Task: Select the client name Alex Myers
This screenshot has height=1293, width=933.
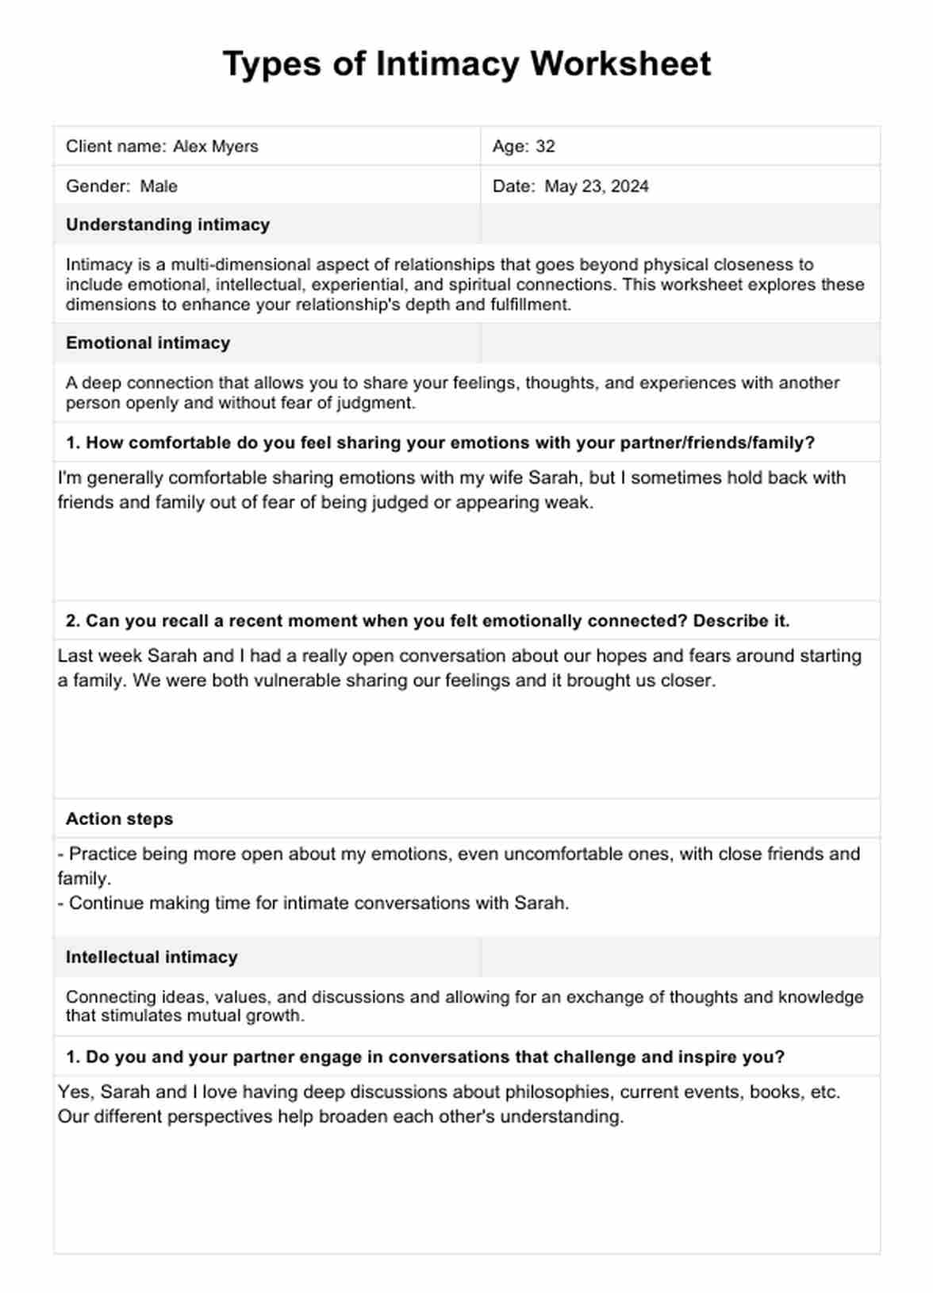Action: [215, 146]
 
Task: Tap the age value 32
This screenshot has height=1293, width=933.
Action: [545, 146]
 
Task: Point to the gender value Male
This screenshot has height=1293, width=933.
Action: [159, 186]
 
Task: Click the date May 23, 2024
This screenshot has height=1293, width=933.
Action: [597, 186]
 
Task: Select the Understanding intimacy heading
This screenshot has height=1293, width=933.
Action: [167, 224]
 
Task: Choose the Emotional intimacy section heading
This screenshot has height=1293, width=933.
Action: [148, 343]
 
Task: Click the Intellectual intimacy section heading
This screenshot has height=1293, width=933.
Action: [152, 957]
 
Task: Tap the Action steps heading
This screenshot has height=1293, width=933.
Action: [119, 819]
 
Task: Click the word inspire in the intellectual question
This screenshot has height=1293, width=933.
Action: [702, 1057]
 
